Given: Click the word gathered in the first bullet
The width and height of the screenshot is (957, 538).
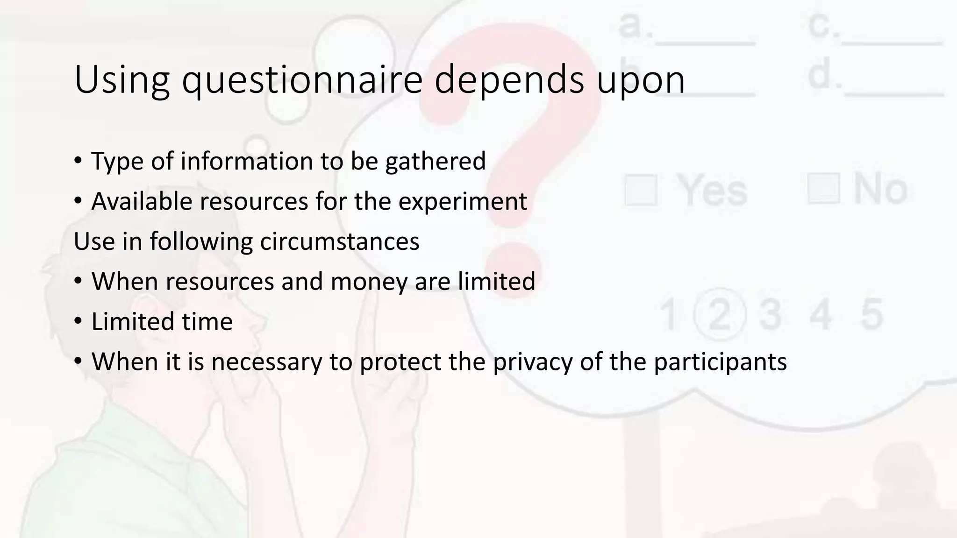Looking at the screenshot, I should [x=436, y=162].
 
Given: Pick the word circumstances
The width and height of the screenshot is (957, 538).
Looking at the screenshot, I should [x=340, y=242].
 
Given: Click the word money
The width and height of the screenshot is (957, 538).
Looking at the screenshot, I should [x=369, y=282].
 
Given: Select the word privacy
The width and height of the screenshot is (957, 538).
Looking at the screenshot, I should [x=532, y=362].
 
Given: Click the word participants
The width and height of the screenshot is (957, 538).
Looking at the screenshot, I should [x=720, y=362].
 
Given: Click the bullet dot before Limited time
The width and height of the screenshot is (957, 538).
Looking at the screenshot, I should [x=78, y=322].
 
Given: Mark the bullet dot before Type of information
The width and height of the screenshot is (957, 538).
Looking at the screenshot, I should [x=78, y=161].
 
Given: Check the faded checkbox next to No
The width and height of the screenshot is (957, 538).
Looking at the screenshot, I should [x=823, y=188].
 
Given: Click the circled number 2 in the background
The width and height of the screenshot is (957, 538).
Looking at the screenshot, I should [x=720, y=314].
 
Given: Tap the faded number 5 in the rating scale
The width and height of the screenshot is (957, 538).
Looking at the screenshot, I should [x=872, y=314].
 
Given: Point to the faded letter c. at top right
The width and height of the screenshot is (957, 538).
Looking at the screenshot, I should [x=823, y=26].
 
